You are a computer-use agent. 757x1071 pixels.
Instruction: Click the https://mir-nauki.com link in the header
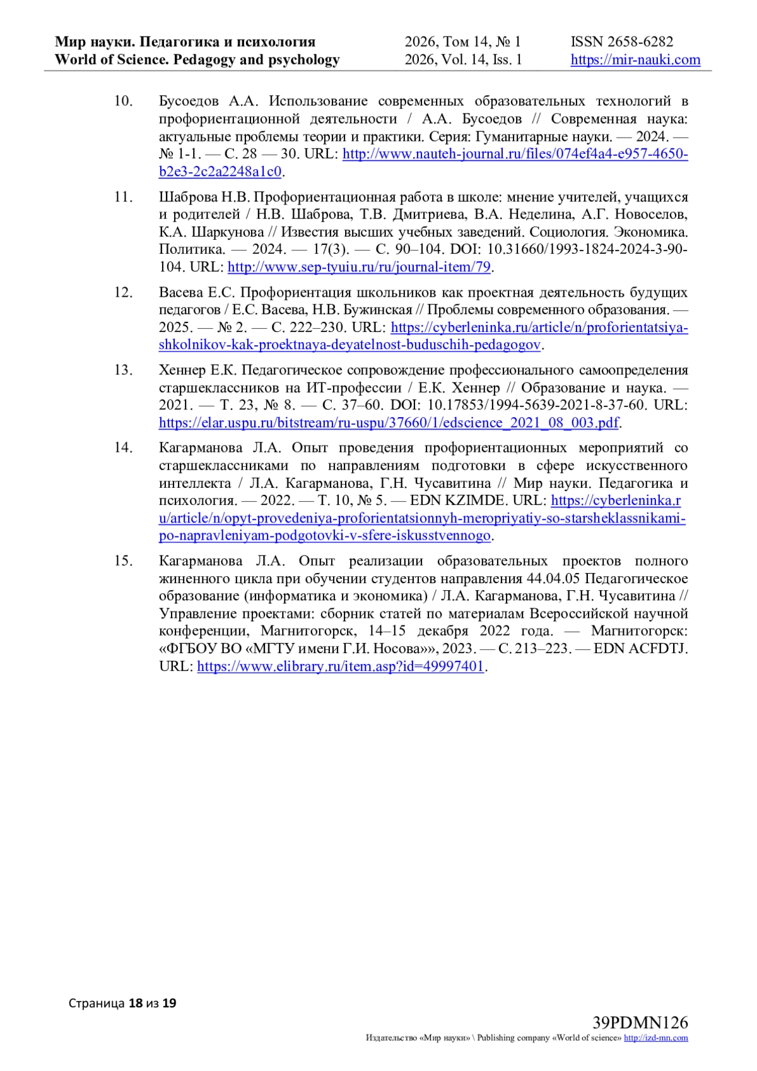coord(635,60)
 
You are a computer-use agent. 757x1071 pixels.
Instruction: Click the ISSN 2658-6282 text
coord(622,42)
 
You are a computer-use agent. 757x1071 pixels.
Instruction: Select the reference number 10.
coord(123,101)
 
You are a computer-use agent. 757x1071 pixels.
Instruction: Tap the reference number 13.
coord(123,370)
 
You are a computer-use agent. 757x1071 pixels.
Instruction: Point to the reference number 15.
coord(123,561)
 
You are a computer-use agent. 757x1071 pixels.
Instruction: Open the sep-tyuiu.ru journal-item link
coord(359,267)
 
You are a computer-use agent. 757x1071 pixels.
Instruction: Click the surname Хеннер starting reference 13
coord(182,370)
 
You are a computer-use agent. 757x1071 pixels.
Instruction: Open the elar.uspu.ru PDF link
coord(389,423)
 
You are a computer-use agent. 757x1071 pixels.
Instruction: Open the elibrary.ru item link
coord(341,666)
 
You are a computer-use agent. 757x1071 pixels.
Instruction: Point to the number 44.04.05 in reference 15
coord(551,579)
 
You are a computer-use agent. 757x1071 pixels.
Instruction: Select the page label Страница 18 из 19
coord(122,1003)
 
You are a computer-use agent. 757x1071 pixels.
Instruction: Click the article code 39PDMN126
coord(640,1022)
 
